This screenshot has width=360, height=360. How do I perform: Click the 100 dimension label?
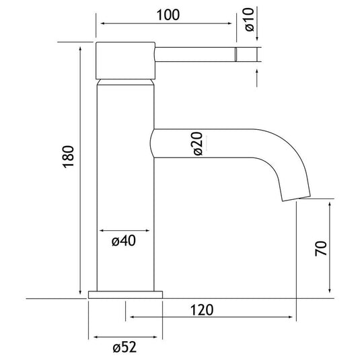(168, 15)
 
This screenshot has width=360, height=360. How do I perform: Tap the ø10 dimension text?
(250, 20)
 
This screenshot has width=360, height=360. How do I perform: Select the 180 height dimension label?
(69, 157)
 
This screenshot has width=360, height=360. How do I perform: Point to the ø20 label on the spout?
(198, 144)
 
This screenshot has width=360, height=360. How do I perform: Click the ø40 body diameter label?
(124, 241)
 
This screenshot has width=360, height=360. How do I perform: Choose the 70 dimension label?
(321, 248)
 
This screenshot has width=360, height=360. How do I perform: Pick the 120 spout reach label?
(202, 310)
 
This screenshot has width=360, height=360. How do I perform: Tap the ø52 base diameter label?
(124, 347)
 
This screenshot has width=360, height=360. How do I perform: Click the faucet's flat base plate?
(125, 295)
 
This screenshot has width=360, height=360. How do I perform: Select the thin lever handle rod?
(195, 55)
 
